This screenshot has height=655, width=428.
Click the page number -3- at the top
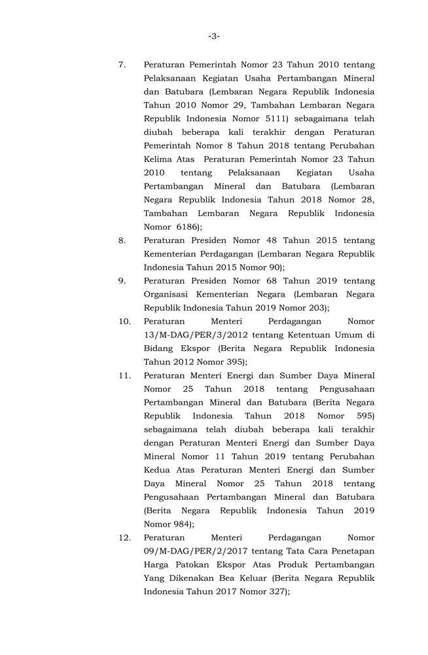point(213,36)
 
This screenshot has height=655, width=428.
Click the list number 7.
point(122,65)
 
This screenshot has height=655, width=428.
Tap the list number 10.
point(124,322)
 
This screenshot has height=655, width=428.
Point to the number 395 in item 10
point(233,362)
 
